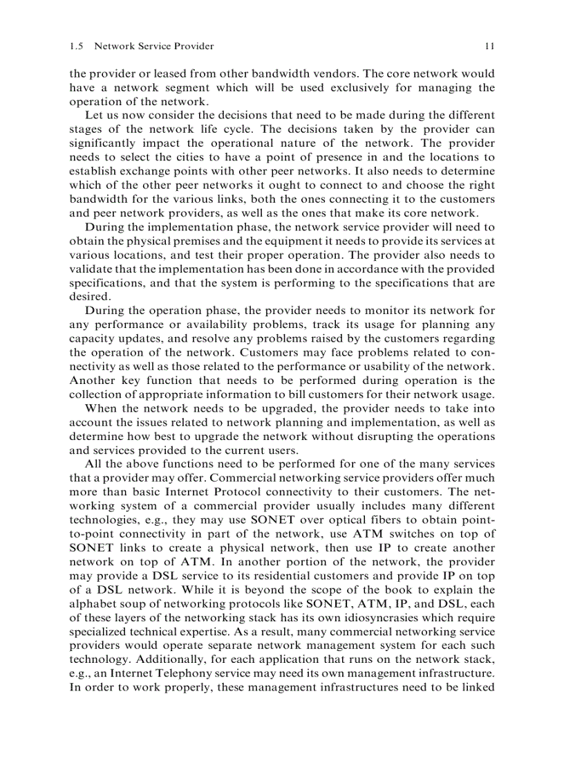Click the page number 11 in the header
click(489, 46)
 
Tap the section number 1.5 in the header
click(77, 46)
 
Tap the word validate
click(89, 269)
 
